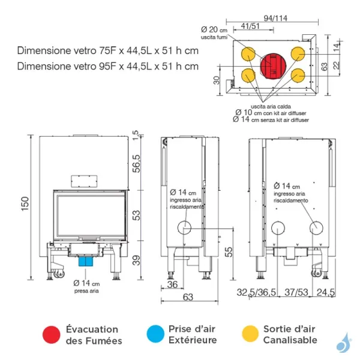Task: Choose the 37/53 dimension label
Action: coord(296,292)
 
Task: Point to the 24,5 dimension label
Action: coord(327,292)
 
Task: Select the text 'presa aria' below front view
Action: coord(86,290)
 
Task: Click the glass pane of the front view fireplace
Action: coord(87,215)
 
